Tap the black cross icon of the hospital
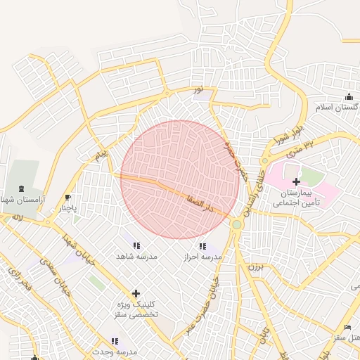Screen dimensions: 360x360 tap(296, 181)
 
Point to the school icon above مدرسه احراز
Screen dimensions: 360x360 tap(202, 246)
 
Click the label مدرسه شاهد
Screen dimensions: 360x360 tap(135, 257)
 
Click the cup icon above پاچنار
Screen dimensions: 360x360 tap(67, 198)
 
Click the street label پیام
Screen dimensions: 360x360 tap(103, 153)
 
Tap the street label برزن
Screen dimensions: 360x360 tap(255, 267)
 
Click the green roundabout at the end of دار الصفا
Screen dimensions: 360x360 tap(237, 224)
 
